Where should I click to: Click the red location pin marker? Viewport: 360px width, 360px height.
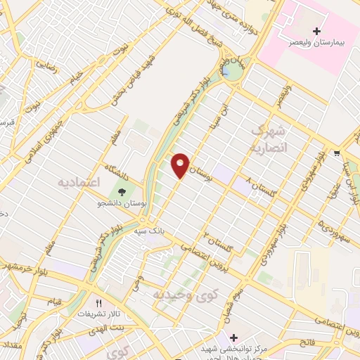[x=181, y=165]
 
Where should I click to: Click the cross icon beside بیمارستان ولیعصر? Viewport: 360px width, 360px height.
[x=316, y=31]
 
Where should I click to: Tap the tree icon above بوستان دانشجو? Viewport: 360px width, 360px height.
[x=123, y=191]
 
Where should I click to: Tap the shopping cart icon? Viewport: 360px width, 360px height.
[x=337, y=153]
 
